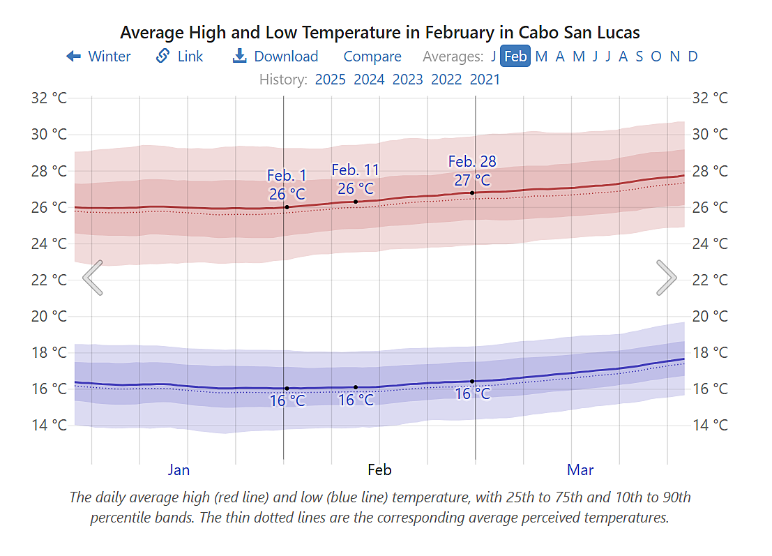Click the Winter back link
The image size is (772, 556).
[x=98, y=57]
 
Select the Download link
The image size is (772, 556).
[x=275, y=57]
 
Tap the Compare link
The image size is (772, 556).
[x=372, y=57]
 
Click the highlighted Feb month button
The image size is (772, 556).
[x=515, y=57]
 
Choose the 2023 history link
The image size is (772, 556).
[x=407, y=79]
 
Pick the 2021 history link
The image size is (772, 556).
[x=485, y=79]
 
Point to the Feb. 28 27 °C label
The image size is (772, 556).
[x=472, y=171]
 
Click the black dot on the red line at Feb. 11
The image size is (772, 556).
[x=356, y=202]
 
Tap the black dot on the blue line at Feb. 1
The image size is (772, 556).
[x=287, y=389]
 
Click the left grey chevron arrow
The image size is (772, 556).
[x=93, y=278]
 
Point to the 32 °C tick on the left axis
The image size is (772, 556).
[x=49, y=98]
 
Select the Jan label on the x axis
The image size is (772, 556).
[x=179, y=469]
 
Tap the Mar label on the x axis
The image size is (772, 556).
[x=580, y=469]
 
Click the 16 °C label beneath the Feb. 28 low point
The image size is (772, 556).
[x=472, y=394]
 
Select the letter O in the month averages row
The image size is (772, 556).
[x=656, y=57]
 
